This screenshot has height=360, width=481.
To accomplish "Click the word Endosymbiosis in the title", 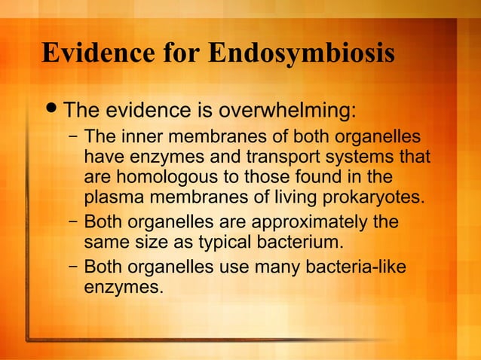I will pyautogui.click(x=300, y=53).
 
